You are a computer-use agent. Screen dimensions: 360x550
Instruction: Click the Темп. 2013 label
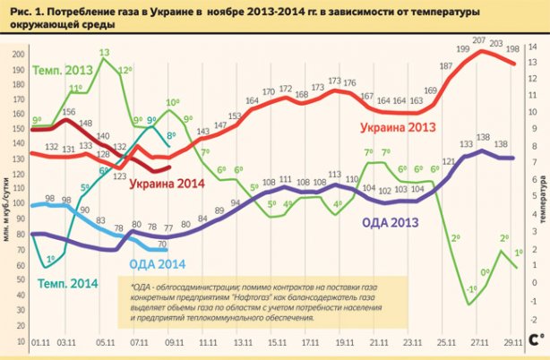64,71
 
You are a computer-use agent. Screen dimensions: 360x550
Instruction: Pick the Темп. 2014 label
64,284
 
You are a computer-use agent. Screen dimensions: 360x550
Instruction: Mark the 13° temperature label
105,53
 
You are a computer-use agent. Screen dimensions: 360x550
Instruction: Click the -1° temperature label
471,287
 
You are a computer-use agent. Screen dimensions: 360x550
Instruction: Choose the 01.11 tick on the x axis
40,342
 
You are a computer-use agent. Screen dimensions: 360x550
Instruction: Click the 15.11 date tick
278,342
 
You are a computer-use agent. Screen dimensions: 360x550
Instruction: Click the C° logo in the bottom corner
536,340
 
